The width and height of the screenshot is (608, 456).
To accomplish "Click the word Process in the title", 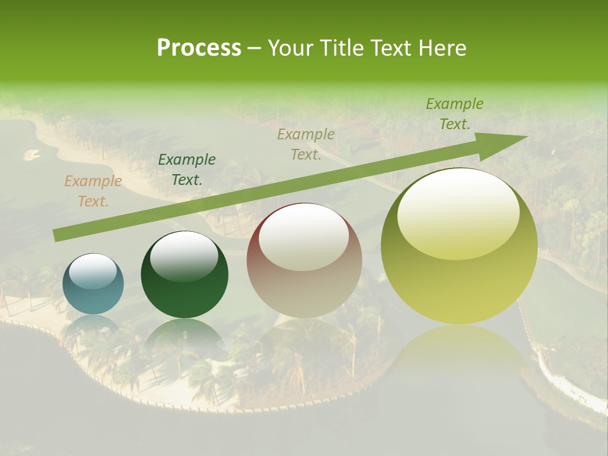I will tap(199, 48).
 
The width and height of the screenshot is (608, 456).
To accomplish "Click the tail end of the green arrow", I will tap(57, 236).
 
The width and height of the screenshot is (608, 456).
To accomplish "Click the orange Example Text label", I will tap(92, 191).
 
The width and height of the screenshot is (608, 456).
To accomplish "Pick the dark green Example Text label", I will tap(186, 170).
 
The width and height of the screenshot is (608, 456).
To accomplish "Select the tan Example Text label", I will tap(306, 144).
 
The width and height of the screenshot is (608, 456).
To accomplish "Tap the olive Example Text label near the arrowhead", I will tap(454, 114).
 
